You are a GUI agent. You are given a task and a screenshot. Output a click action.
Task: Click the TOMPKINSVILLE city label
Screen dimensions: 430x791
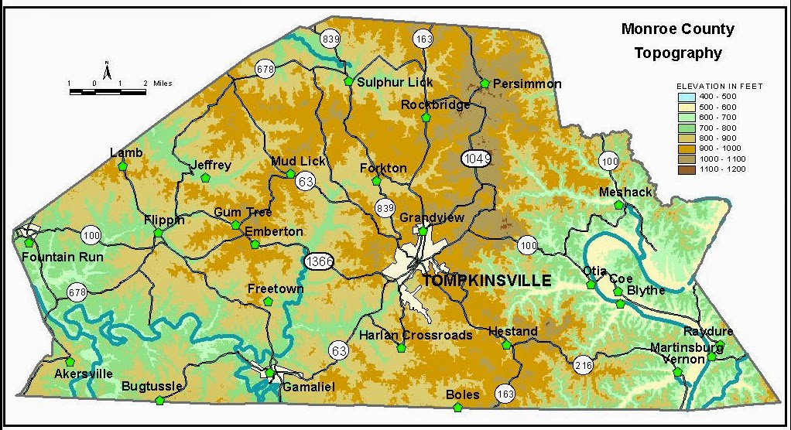(x=485, y=280)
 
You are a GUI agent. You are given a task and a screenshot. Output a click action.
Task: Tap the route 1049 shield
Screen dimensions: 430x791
(x=477, y=158)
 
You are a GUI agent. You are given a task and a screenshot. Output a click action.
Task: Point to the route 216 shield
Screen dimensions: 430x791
(x=583, y=364)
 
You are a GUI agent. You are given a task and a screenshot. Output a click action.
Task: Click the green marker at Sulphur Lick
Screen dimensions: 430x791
(x=348, y=80)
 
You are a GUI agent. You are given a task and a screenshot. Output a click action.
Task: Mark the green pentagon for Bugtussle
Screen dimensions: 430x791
(x=160, y=400)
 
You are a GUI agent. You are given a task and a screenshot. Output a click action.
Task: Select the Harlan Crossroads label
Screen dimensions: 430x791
(x=415, y=335)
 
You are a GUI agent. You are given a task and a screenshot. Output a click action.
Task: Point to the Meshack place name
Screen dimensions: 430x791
(x=625, y=192)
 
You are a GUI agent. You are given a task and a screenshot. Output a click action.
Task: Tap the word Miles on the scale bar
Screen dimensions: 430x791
(x=163, y=83)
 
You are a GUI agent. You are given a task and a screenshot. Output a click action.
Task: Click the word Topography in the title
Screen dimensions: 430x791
(x=678, y=53)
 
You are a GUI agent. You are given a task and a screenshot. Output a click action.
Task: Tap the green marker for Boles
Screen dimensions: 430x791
(x=457, y=407)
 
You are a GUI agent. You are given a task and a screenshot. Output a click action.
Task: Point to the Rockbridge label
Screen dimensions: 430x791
(x=436, y=104)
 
